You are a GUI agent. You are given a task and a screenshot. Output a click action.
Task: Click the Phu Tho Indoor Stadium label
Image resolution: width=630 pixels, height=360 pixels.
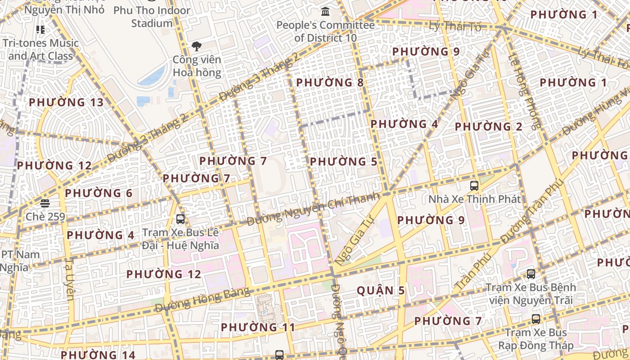[152, 17]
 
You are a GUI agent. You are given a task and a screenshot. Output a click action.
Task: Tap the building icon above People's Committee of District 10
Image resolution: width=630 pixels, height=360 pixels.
[325, 11]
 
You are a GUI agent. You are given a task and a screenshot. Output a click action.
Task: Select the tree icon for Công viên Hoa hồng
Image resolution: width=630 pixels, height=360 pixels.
[196, 46]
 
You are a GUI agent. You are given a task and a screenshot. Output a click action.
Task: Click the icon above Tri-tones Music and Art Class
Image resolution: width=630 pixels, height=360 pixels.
[40, 30]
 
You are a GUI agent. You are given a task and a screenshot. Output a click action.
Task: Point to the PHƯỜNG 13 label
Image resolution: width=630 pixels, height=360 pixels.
[66, 103]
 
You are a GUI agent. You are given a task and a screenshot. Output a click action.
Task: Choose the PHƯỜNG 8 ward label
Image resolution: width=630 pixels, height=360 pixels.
[330, 83]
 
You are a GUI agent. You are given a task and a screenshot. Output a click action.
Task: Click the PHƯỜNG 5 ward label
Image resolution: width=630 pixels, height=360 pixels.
[343, 162]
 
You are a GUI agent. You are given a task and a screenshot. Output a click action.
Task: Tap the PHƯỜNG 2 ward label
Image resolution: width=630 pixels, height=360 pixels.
[488, 127]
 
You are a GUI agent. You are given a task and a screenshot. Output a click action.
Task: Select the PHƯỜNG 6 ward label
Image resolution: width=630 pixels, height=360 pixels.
[99, 193]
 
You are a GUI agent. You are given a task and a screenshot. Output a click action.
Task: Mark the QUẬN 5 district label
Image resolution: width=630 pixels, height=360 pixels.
[381, 291]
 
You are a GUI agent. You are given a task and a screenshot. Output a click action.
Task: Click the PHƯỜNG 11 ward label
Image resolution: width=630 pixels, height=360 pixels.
[258, 327]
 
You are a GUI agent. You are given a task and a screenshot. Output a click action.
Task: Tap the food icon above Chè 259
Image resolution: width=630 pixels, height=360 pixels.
[45, 203]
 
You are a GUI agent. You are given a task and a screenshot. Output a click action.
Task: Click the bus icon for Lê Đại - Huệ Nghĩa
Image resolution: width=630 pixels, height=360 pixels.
[180, 219]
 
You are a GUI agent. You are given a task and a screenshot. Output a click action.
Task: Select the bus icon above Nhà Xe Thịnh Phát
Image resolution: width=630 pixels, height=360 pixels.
[474, 185]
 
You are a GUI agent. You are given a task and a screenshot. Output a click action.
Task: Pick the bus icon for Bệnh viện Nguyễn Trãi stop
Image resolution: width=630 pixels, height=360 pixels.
[531, 274]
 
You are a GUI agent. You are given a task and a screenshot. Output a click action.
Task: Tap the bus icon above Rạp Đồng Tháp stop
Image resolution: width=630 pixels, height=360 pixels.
[535, 319]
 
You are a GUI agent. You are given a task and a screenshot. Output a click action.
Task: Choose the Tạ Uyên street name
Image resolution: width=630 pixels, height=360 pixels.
[70, 279]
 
